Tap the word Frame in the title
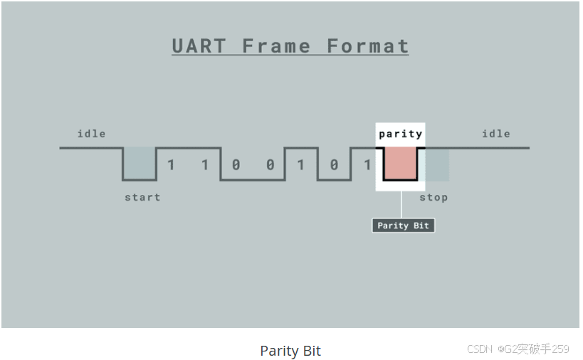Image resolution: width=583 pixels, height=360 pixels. [x=276, y=46]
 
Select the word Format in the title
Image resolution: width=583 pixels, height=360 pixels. [x=367, y=46]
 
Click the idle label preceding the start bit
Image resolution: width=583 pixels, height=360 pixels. [x=91, y=134]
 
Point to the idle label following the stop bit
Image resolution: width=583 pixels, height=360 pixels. [x=495, y=134]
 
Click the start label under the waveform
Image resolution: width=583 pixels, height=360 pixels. [x=142, y=197]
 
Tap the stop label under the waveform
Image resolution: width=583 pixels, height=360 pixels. [x=434, y=197]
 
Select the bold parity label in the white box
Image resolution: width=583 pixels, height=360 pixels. [x=400, y=134]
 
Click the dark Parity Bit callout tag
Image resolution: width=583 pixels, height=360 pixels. [x=403, y=226]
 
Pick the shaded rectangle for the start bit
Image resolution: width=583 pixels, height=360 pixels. [x=140, y=163]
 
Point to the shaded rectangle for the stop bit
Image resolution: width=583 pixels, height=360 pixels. [x=434, y=164]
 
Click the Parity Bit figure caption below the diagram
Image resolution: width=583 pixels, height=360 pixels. [x=290, y=351]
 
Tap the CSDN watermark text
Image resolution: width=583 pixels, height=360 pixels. [x=480, y=349]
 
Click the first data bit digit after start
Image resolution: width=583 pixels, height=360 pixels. [x=171, y=165]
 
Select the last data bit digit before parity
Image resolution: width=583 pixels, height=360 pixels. [x=367, y=165]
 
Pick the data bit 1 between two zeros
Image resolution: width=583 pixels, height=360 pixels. [x=300, y=165]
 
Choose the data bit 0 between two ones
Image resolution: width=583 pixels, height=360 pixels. [x=334, y=165]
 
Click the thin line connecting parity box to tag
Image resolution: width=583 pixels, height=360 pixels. [x=402, y=205]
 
